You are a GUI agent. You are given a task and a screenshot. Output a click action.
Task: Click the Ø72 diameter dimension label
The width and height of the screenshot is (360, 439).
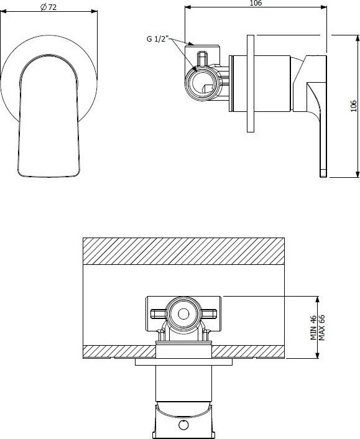point(48,7)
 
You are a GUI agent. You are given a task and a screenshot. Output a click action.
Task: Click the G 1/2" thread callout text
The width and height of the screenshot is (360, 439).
point(158,39)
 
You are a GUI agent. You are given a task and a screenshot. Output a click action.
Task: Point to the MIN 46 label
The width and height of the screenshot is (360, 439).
point(313,328)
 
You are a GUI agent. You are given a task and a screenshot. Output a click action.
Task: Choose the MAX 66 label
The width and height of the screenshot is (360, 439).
point(321,328)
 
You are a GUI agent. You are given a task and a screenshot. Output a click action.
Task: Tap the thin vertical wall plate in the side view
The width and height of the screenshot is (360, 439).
point(251,83)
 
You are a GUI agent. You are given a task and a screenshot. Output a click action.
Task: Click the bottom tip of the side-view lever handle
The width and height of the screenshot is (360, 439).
point(323,177)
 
